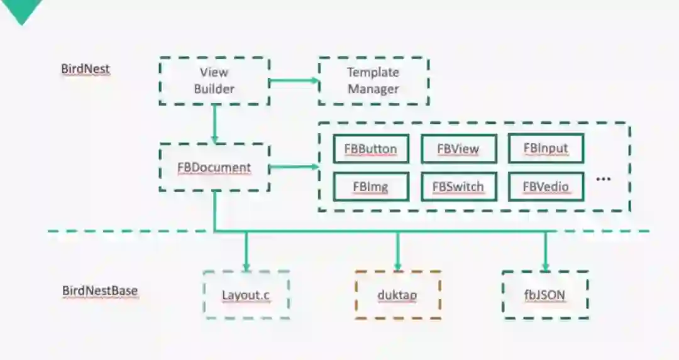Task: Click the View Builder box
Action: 214,81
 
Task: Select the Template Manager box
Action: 373,81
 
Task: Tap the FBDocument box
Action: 214,168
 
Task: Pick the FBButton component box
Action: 370,149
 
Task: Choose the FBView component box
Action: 458,149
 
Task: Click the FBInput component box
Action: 545,148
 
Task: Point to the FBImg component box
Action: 370,187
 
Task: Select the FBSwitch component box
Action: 458,187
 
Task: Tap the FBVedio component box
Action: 545,187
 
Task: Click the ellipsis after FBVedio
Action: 603,179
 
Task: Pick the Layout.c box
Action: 246,295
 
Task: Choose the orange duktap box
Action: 397,295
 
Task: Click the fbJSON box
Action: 545,295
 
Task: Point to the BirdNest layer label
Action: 86,69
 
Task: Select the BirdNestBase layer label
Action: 100,291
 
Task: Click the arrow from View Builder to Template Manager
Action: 294,80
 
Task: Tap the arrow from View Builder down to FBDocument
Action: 214,123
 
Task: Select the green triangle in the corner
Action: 21,9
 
